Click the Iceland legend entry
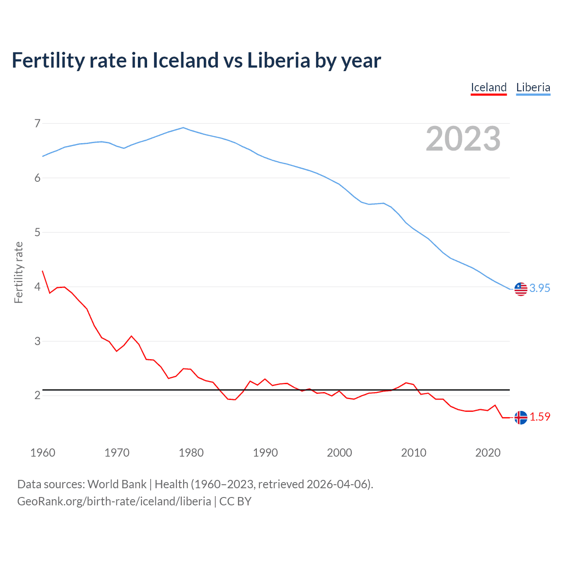click(489, 87)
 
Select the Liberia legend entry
click(533, 87)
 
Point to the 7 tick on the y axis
click(37, 123)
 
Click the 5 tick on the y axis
click(37, 232)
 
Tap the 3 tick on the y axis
click(37, 341)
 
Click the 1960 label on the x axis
click(43, 453)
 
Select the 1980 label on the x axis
click(191, 453)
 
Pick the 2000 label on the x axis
click(339, 453)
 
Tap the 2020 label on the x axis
click(488, 453)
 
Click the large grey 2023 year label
click(463, 139)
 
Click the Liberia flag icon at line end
click(521, 289)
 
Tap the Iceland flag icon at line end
click(521, 418)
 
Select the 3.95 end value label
click(540, 288)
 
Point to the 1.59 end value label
click(540, 417)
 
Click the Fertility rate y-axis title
click(18, 272)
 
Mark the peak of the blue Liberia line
click(184, 128)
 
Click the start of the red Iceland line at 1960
click(43, 271)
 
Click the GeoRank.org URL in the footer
click(114, 501)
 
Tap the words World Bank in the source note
click(117, 484)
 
